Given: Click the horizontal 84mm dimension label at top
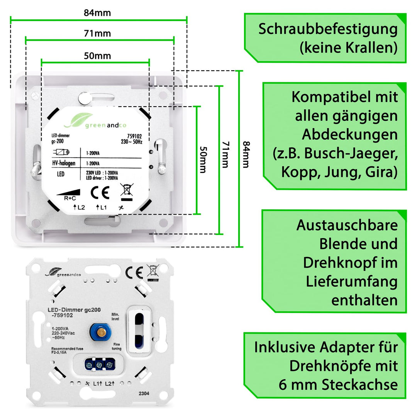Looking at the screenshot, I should [97, 13].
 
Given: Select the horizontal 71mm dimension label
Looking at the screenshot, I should [97, 34].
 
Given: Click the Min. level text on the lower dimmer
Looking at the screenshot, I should [115, 316].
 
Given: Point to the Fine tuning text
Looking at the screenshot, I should [117, 346].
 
